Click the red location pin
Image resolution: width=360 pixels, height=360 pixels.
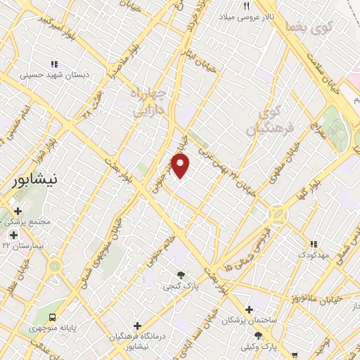(181, 166)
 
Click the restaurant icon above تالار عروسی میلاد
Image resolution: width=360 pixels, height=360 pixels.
(246, 6)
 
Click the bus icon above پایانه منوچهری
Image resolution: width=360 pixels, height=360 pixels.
(53, 316)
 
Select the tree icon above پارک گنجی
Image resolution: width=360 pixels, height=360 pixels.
(181, 275)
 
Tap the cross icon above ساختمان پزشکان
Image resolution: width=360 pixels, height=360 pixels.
(250, 309)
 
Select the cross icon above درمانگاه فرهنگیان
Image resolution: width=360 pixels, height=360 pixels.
(137, 326)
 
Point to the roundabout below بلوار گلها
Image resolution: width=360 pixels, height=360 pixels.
(278, 214)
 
